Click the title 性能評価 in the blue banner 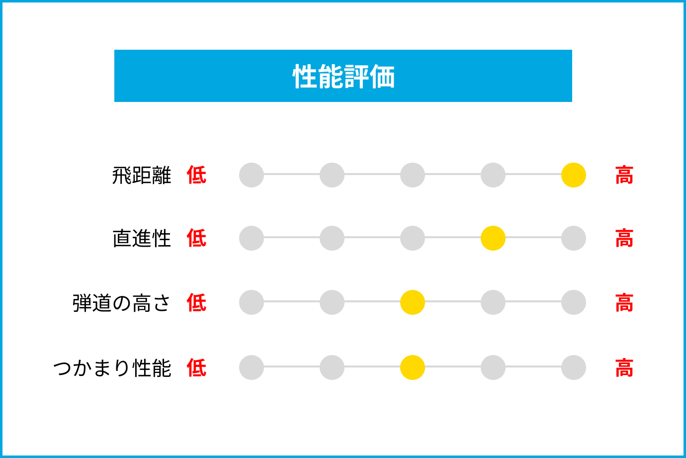click(343, 76)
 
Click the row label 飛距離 click(142, 175)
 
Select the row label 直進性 click(142, 238)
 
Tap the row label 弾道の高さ click(121, 303)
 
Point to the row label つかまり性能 click(112, 367)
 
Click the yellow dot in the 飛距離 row click(574, 175)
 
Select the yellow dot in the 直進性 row click(493, 238)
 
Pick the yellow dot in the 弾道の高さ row click(413, 302)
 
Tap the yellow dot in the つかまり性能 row click(413, 367)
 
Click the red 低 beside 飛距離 click(197, 175)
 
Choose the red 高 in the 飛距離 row click(624, 175)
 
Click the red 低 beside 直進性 click(197, 238)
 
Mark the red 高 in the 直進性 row click(624, 238)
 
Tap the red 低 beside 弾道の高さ click(197, 302)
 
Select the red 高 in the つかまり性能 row click(624, 367)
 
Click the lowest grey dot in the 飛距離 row click(252, 175)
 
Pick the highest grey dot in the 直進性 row click(574, 238)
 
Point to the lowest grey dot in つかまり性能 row click(252, 367)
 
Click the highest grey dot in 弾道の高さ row click(574, 302)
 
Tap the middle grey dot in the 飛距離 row click(413, 175)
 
